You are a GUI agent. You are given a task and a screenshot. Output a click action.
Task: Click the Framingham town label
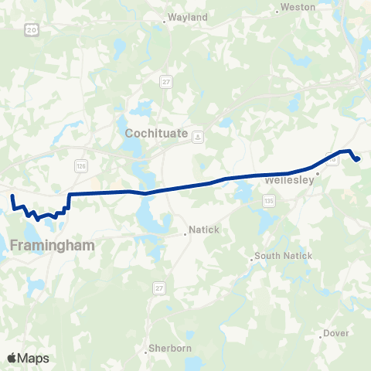tap(53, 245)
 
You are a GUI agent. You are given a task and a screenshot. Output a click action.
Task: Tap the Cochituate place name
tap(156, 134)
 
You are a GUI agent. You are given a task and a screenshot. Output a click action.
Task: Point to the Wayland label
tap(188, 16)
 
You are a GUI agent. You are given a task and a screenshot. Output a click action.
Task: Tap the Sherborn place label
tap(169, 349)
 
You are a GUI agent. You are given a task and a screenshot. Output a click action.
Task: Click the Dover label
tap(337, 333)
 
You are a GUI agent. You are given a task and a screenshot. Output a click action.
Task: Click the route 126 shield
tap(80, 166)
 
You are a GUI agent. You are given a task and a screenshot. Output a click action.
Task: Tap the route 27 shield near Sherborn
tap(160, 288)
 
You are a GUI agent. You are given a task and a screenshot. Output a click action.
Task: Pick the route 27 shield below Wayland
tap(166, 81)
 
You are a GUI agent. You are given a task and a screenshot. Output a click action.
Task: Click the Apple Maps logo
tap(27, 358)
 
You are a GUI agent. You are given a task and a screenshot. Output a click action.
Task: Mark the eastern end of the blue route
tap(358, 159)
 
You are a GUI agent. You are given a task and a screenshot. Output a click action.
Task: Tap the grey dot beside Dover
tap(320, 337)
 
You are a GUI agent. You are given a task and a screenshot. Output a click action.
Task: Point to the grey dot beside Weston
tap(277, 11)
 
